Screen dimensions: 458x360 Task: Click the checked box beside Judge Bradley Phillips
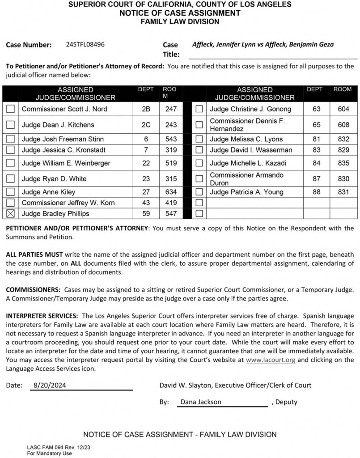(x=11, y=214)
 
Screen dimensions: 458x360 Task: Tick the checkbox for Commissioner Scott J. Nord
(x=11, y=109)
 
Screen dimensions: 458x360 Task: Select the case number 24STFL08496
(x=85, y=44)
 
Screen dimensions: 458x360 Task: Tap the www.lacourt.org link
(x=271, y=360)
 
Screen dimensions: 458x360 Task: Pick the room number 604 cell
(x=343, y=109)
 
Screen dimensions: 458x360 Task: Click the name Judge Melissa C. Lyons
(x=246, y=139)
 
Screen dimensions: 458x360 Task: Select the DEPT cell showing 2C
(x=146, y=125)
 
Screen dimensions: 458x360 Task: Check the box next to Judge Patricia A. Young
(x=199, y=192)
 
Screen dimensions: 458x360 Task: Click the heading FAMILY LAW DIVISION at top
(x=180, y=21)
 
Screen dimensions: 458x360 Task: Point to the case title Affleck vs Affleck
(x=263, y=44)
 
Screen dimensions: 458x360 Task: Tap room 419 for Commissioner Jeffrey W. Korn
(x=171, y=203)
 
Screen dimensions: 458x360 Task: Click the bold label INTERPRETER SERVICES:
(x=42, y=316)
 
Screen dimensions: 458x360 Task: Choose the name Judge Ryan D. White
(x=54, y=179)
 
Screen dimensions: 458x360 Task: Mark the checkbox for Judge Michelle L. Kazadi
(x=199, y=163)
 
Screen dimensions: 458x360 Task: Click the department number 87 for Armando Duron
(x=317, y=179)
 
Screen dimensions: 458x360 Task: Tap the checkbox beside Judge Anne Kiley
(x=11, y=192)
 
